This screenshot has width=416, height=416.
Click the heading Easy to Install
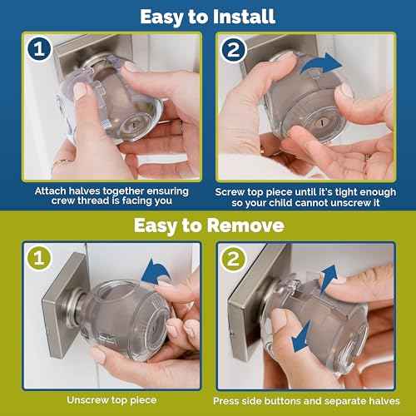[207, 15]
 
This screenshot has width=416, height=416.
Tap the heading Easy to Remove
[207, 225]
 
